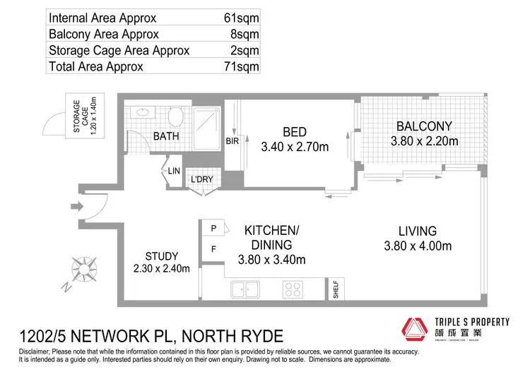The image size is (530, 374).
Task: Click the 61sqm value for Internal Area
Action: click(x=240, y=18)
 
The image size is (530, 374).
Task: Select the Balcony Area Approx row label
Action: click(x=104, y=34)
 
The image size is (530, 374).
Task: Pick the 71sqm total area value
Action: click(x=240, y=66)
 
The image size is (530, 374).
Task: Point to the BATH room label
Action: click(x=165, y=135)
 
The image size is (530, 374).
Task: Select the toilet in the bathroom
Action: click(x=177, y=116)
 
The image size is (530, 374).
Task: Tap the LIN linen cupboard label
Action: click(x=174, y=171)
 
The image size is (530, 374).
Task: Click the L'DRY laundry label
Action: click(x=202, y=180)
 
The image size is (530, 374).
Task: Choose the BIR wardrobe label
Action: click(x=230, y=141)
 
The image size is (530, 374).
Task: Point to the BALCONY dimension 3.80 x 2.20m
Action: click(x=424, y=141)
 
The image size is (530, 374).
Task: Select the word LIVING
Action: click(x=417, y=231)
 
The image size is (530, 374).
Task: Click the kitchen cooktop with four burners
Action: click(x=292, y=289)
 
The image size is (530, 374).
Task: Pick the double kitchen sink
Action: click(x=245, y=289)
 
